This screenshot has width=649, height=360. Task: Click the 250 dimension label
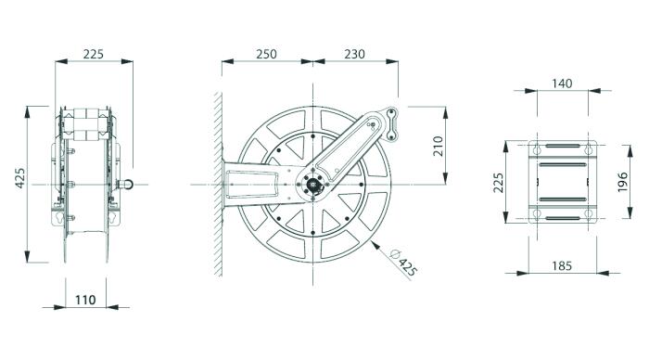[x=266, y=54]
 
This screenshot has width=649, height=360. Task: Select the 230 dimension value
[x=355, y=54]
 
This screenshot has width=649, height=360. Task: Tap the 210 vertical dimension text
[x=438, y=146]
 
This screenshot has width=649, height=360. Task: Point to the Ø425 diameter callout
[x=403, y=264]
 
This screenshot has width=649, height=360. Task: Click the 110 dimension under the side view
[x=85, y=300]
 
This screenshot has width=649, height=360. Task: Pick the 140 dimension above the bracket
[x=562, y=84]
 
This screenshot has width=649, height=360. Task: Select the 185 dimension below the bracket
[x=562, y=265]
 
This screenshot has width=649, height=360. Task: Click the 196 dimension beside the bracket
[x=622, y=182]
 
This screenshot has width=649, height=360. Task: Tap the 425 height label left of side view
[x=19, y=178]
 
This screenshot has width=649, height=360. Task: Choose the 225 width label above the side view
[x=93, y=54]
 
